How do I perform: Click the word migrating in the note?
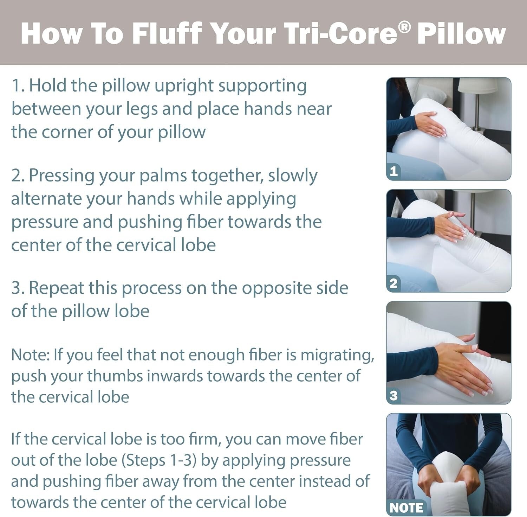click(337, 355)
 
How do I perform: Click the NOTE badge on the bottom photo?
click(406, 508)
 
